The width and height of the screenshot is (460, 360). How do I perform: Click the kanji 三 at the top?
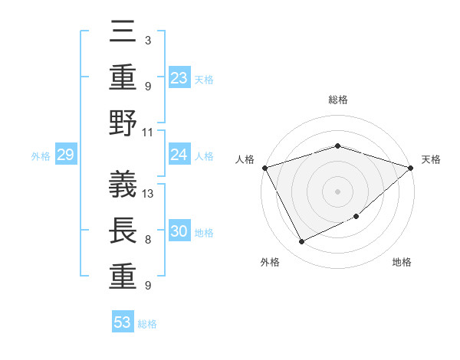coord(123,34)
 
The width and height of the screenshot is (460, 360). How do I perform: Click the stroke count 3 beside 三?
coord(147,39)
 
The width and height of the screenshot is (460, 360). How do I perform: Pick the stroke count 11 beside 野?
coord(148,131)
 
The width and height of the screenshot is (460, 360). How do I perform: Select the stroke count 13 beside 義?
coord(149,193)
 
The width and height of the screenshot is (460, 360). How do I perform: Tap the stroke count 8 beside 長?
coord(147,240)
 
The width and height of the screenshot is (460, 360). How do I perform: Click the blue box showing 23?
coord(179,78)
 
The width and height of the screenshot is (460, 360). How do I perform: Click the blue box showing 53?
coord(123,322)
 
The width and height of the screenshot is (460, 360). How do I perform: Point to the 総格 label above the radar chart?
coord(337,100)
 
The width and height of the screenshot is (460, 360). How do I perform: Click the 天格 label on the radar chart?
coord(431,159)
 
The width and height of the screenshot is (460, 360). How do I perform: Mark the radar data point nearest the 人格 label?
coord(264,168)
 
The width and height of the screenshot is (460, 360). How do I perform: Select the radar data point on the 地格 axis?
coord(356,217)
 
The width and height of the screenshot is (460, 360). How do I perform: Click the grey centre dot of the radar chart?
coord(337,191)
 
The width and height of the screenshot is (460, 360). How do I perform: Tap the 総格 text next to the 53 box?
coord(147,324)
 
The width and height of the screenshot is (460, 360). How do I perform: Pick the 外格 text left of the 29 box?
coord(41,156)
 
